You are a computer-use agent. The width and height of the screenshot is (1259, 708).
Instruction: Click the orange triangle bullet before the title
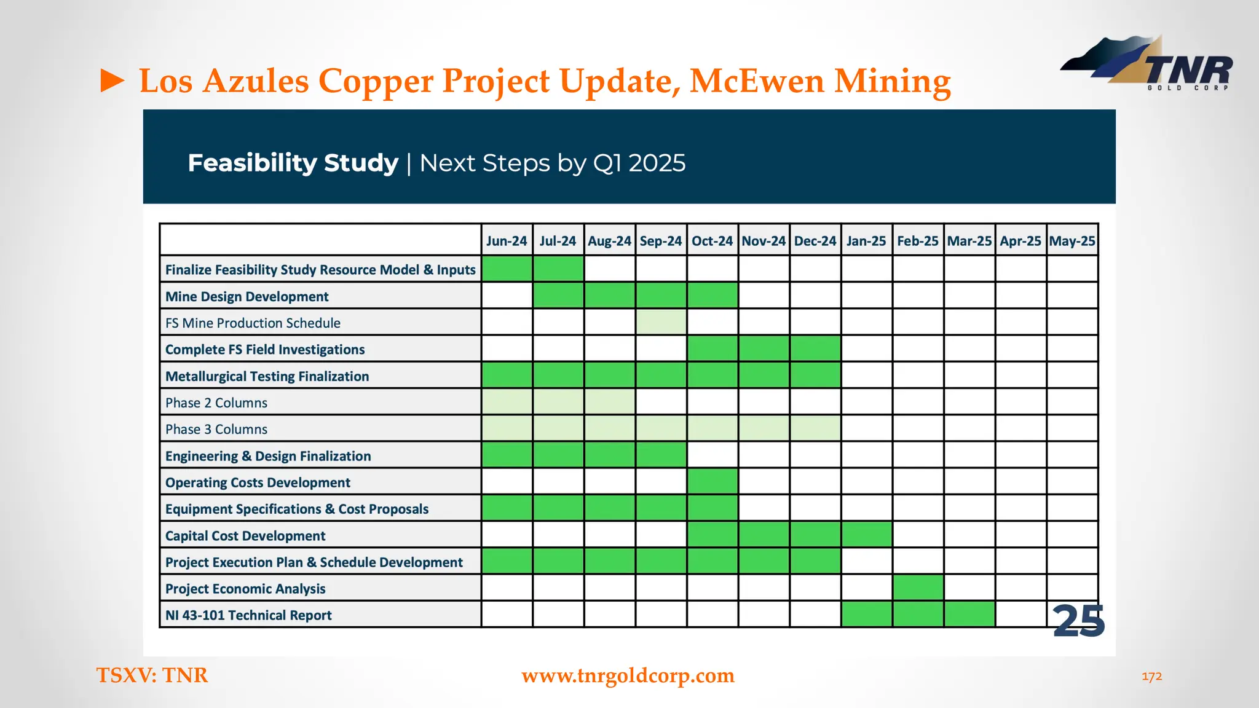click(112, 81)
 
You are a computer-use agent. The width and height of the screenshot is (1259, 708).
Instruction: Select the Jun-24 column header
click(507, 241)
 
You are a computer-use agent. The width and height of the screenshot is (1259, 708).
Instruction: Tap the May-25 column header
click(1072, 241)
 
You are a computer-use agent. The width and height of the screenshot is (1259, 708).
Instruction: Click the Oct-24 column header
click(712, 241)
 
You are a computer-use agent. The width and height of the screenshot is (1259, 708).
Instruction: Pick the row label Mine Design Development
click(247, 296)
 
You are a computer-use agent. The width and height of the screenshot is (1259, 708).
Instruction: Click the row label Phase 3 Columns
click(216, 429)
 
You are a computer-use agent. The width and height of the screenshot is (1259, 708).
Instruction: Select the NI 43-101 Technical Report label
click(248, 615)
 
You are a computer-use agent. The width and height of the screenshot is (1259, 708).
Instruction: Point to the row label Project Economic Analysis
click(245, 589)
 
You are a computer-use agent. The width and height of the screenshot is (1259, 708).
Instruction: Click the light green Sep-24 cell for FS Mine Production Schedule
click(661, 322)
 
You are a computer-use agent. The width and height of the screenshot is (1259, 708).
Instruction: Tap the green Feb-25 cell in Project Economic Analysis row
click(918, 588)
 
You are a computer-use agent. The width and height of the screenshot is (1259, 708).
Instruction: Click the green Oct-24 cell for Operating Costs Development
click(712, 482)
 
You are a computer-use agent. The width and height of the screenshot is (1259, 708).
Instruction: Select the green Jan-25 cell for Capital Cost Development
click(866, 535)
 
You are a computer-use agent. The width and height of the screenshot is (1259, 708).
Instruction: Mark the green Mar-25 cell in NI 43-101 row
click(969, 615)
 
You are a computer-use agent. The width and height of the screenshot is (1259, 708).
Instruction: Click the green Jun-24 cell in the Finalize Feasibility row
click(507, 269)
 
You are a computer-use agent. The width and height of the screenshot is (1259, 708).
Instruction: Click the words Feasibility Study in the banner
click(293, 163)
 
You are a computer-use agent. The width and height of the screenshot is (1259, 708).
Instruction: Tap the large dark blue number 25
click(1079, 621)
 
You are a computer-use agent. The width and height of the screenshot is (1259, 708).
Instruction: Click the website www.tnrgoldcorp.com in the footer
click(628, 675)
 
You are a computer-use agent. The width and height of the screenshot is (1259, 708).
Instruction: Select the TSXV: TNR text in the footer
click(152, 675)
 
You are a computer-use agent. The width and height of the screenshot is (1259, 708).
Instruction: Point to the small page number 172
click(1151, 677)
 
